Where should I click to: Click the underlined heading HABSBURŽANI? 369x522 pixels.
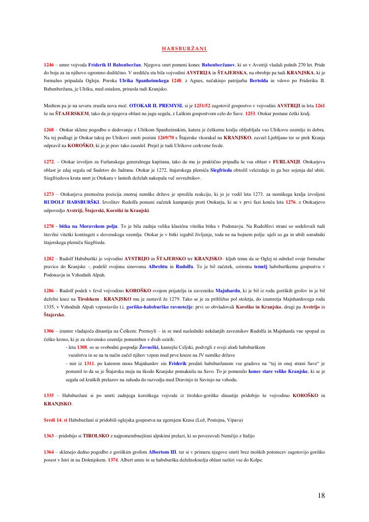pyautogui.click(x=184, y=48)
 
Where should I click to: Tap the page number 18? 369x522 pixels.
pyautogui.click(x=321, y=495)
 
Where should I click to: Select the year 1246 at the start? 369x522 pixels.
pyautogui.click(x=49, y=65)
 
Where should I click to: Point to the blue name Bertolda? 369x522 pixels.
pyautogui.click(x=259, y=81)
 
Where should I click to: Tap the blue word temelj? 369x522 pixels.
pyautogui.click(x=261, y=267)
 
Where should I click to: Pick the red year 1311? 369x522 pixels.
pyautogui.click(x=89, y=363)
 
